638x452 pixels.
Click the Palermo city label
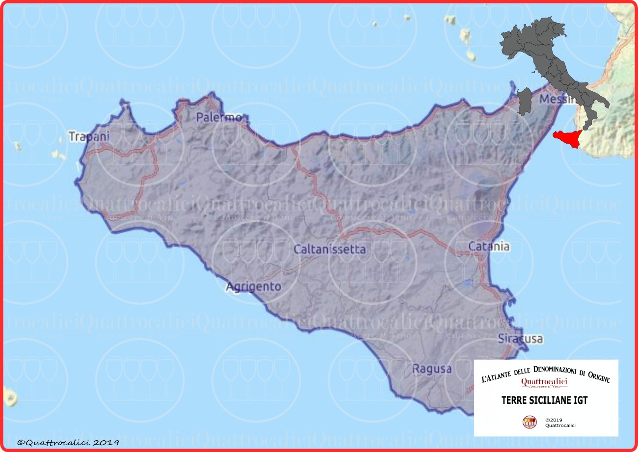(219, 117)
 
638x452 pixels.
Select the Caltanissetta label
(329, 249)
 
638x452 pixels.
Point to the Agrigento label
(254, 286)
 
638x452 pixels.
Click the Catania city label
(489, 246)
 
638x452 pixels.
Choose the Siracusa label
(520, 339)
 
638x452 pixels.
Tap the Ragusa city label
(432, 369)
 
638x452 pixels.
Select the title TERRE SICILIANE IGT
(544, 400)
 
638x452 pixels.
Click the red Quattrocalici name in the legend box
(544, 381)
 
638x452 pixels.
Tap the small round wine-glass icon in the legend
(530, 422)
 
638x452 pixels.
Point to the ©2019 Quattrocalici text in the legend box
(560, 423)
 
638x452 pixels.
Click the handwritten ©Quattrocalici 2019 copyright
(68, 442)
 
